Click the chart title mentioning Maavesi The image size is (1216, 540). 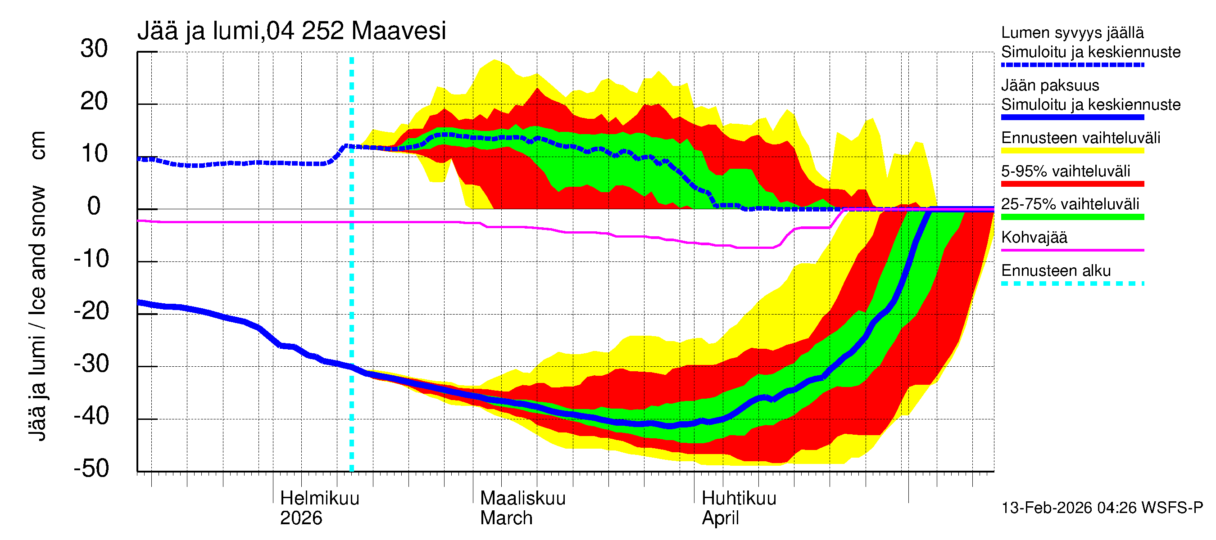(291, 31)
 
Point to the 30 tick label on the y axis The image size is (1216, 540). (94, 49)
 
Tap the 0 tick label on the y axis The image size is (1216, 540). (94, 207)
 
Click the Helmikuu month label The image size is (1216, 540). (320, 499)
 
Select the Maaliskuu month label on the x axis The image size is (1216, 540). (522, 499)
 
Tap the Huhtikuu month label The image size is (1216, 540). (739, 499)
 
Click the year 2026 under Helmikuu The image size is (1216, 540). (301, 518)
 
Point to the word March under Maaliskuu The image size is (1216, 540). (506, 518)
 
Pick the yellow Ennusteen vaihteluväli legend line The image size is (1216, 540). (1072, 151)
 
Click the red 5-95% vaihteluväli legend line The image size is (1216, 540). (1072, 184)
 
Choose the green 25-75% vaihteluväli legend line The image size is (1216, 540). (1072, 217)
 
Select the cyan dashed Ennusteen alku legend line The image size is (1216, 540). (1072, 283)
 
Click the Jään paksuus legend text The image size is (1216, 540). (1050, 86)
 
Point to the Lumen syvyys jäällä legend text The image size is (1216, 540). (1072, 33)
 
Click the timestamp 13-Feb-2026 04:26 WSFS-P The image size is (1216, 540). (1102, 508)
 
